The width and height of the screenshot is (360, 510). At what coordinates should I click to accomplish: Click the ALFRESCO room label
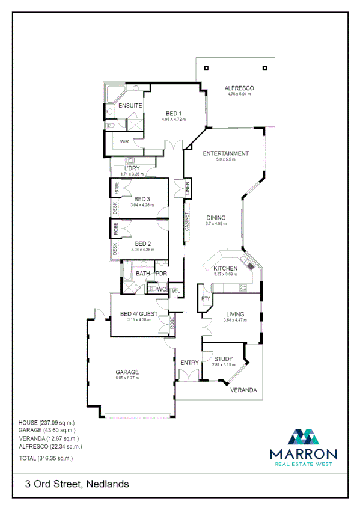point(239,88)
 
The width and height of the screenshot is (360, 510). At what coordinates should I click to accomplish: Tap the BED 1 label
point(174,114)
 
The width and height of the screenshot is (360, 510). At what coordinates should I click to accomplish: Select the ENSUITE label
point(130,106)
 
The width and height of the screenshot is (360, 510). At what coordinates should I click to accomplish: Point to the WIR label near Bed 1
point(124,141)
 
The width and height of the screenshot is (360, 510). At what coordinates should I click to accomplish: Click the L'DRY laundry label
point(132,168)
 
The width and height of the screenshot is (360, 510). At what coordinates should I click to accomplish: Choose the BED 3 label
point(142,199)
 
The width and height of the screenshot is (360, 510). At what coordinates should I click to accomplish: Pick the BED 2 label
point(142,244)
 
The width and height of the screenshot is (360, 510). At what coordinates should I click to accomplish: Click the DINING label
point(216,218)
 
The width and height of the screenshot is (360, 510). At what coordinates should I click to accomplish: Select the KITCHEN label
point(225,268)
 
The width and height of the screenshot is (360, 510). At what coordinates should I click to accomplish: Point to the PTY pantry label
point(205,298)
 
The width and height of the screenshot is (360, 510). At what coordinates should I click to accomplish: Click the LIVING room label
point(235,314)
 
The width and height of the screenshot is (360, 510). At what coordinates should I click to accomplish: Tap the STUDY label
point(223,359)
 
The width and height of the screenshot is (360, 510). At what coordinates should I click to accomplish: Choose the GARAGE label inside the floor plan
point(127,372)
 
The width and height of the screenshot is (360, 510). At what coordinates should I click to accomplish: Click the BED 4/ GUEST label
point(138,314)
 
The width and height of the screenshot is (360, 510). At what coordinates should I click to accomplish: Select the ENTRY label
point(189,363)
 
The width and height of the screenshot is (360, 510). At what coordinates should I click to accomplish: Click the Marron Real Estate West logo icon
point(302,436)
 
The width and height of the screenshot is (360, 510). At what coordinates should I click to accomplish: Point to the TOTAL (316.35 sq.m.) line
point(46,458)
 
